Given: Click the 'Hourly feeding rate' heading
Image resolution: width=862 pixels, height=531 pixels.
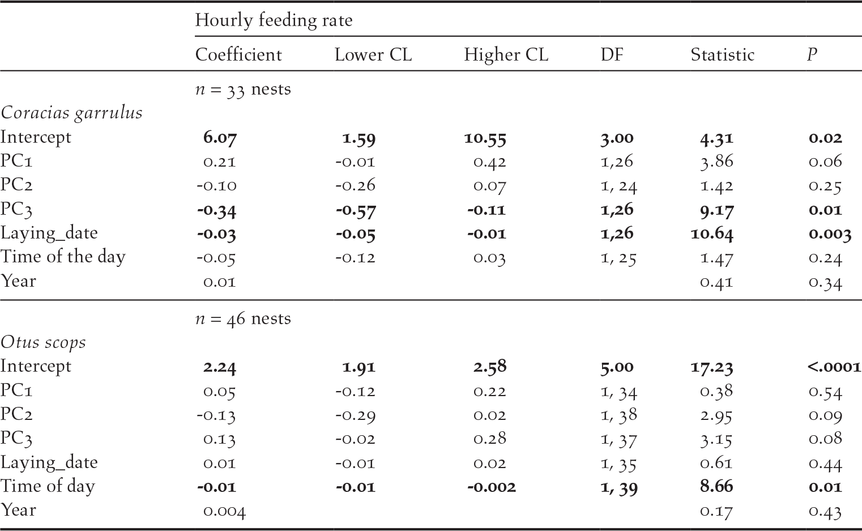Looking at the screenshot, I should pos(274,20).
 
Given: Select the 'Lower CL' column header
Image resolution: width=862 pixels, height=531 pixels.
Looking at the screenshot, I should pos(373,54).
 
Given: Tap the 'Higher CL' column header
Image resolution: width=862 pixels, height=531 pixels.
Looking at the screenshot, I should pos(506,54).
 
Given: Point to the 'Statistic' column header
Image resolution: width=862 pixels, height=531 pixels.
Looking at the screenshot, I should pos(722,54).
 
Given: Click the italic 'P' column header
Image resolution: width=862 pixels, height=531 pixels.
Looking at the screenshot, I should pos(812,54).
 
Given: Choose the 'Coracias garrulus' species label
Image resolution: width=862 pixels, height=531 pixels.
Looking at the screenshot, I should pos(71,113).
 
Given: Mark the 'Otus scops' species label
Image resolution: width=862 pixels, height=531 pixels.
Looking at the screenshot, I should pos(43,342).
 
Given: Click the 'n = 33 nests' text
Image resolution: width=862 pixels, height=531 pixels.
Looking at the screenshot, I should pos(243,90).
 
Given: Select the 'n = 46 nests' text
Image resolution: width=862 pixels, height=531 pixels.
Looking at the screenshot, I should pos(243,319).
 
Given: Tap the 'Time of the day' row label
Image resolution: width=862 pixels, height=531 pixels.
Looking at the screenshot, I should pos(62,257).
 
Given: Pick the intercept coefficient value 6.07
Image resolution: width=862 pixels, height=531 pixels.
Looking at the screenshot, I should pos(220,138).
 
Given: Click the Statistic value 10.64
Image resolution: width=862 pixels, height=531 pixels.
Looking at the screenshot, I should pos(711,233).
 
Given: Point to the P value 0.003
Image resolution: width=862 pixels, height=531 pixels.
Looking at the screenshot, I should pos(830,233).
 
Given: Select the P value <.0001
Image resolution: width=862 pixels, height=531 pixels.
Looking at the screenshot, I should pos(834,367).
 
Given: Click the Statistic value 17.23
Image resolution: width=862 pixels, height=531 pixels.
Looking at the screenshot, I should pos(711,367).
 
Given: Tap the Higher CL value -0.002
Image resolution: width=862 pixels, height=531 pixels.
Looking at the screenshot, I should pos(491,487).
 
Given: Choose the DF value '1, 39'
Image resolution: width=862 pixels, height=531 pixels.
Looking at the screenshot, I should pos(618,487).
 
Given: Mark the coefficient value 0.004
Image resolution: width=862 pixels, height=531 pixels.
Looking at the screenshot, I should pos(224,511).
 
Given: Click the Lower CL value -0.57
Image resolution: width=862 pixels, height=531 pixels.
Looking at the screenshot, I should pos(355,210).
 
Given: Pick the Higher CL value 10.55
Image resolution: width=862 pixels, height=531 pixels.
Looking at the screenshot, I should pos(485,138).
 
